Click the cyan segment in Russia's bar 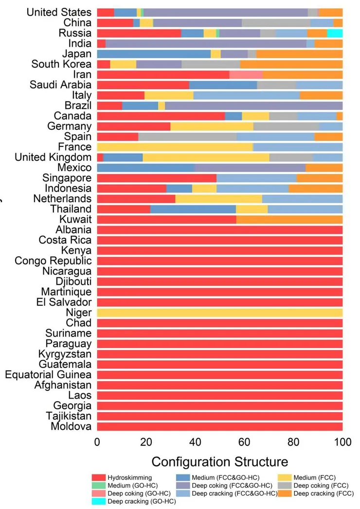click(335, 33)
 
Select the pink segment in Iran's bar click(246, 74)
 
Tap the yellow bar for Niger click(220, 313)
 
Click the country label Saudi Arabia click(60, 85)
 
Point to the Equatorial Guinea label click(48, 375)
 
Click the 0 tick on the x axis click(97, 442)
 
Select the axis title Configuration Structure click(219, 461)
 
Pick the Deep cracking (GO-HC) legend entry click(141, 501)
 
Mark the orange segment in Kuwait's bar click(289, 219)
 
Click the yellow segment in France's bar click(175, 147)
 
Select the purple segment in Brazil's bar click(253, 105)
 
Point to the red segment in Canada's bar click(161, 116)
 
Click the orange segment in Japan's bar click(299, 54)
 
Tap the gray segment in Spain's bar click(187, 137)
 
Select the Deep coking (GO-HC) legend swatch click(98, 493)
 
